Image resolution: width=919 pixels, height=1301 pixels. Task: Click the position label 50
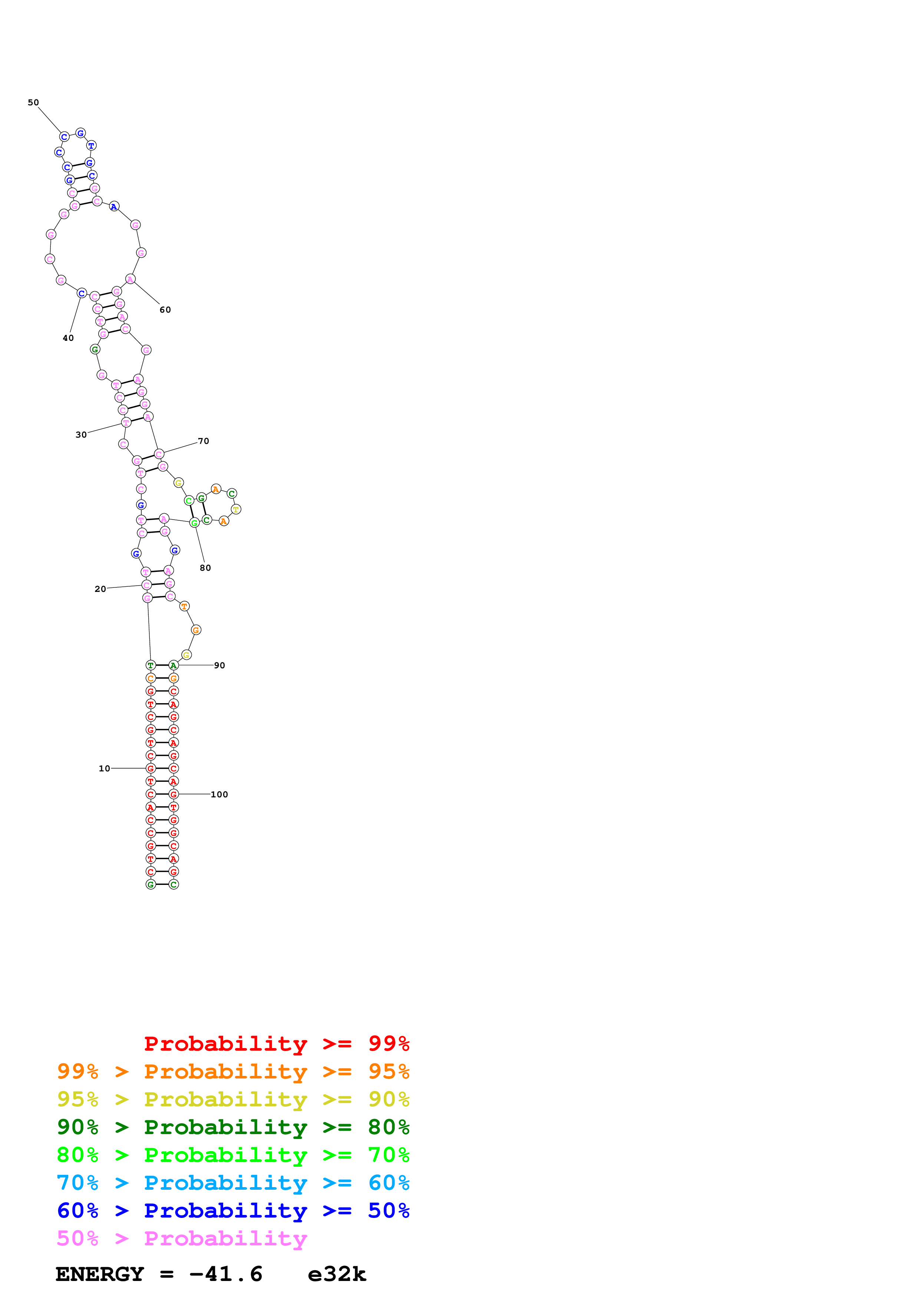click(33, 103)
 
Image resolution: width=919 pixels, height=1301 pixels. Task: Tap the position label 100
click(219, 794)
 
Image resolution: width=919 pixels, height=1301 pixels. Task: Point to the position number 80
click(205, 568)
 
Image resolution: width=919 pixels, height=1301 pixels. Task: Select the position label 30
click(81, 435)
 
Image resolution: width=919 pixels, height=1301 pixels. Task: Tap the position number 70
click(203, 441)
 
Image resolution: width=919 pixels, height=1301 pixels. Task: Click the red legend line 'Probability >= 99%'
click(276, 1043)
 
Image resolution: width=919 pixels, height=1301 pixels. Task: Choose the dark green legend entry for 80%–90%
click(233, 1127)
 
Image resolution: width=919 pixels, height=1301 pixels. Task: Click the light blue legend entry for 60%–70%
click(233, 1183)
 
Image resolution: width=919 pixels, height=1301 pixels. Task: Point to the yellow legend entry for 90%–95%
click(233, 1099)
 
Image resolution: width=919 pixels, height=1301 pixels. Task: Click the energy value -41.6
click(225, 1274)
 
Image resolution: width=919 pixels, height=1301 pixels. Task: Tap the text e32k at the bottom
click(337, 1274)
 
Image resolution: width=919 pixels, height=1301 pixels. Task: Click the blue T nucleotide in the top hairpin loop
click(91, 146)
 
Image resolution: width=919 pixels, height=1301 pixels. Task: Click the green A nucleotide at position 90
click(173, 665)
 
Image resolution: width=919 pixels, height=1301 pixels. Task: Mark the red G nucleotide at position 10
click(151, 768)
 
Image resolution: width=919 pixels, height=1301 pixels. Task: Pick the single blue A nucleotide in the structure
click(114, 207)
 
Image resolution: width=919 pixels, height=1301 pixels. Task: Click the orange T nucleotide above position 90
click(184, 606)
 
